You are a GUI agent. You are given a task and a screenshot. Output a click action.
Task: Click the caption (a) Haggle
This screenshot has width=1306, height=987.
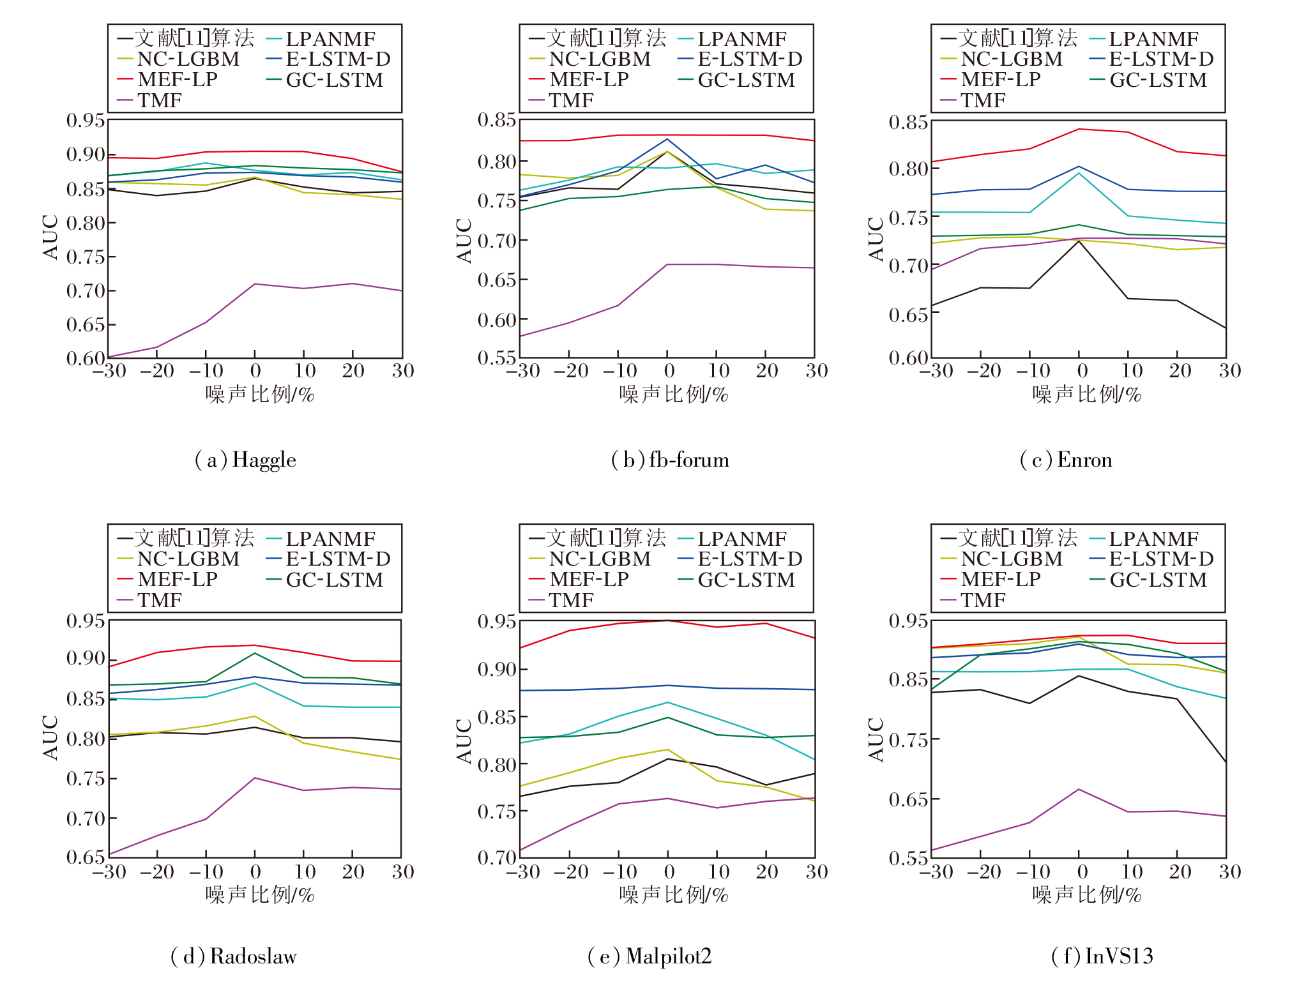click(245, 460)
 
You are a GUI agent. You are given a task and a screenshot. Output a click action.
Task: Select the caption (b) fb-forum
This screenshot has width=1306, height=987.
click(669, 460)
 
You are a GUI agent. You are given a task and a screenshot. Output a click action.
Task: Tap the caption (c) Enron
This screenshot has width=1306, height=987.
click(1066, 460)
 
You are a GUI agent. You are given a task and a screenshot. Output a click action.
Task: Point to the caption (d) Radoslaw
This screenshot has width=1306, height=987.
click(234, 956)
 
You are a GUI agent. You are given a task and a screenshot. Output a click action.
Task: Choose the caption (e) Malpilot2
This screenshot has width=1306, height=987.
click(649, 956)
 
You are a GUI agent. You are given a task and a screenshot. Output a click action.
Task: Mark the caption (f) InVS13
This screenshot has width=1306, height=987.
click(1102, 956)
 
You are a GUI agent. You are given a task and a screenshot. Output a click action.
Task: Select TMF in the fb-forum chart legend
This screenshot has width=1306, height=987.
click(571, 100)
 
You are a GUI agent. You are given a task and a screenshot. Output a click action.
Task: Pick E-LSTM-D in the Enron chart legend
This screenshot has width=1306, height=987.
click(1161, 59)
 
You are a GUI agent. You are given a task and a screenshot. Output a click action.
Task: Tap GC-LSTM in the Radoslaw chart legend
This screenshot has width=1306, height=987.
click(334, 580)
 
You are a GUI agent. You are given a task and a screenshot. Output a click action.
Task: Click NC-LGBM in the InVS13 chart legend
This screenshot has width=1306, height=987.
click(1012, 559)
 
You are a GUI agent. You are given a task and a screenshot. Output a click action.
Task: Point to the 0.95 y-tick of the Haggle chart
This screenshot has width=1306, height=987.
click(86, 120)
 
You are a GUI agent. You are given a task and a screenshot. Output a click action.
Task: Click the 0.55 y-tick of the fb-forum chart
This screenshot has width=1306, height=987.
click(497, 358)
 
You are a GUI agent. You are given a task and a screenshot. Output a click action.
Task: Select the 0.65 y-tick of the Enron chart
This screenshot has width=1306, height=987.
click(908, 314)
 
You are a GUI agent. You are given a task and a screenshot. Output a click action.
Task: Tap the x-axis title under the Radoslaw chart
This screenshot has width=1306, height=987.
click(260, 894)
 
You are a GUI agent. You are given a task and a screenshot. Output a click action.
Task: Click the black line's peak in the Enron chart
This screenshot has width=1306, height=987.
click(1079, 241)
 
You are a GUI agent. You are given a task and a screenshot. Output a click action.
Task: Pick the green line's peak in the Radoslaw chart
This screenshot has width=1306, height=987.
click(255, 653)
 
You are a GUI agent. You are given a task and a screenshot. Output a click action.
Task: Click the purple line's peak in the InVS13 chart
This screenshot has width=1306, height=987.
click(1079, 789)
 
